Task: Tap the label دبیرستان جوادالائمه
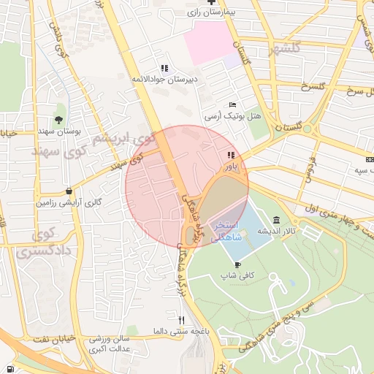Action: click(x=163, y=78)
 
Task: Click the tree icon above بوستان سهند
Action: click(x=58, y=120)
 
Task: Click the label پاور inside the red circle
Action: click(x=231, y=166)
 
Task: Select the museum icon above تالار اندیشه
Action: click(x=275, y=220)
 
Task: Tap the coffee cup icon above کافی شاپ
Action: click(x=237, y=264)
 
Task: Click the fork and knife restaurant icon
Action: click(x=181, y=320)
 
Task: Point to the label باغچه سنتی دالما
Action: click(x=182, y=332)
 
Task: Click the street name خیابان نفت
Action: click(x=52, y=340)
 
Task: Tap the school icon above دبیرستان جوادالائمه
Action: click(x=164, y=67)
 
